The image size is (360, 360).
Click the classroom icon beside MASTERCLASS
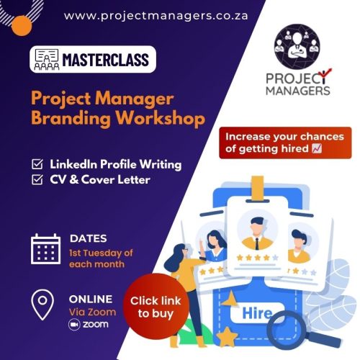click(47, 58)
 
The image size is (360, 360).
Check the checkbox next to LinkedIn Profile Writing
click(37, 164)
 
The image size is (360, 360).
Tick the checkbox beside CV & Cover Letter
click(37, 179)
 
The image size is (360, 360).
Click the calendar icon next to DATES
click(46, 248)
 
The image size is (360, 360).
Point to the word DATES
click(89, 238)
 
